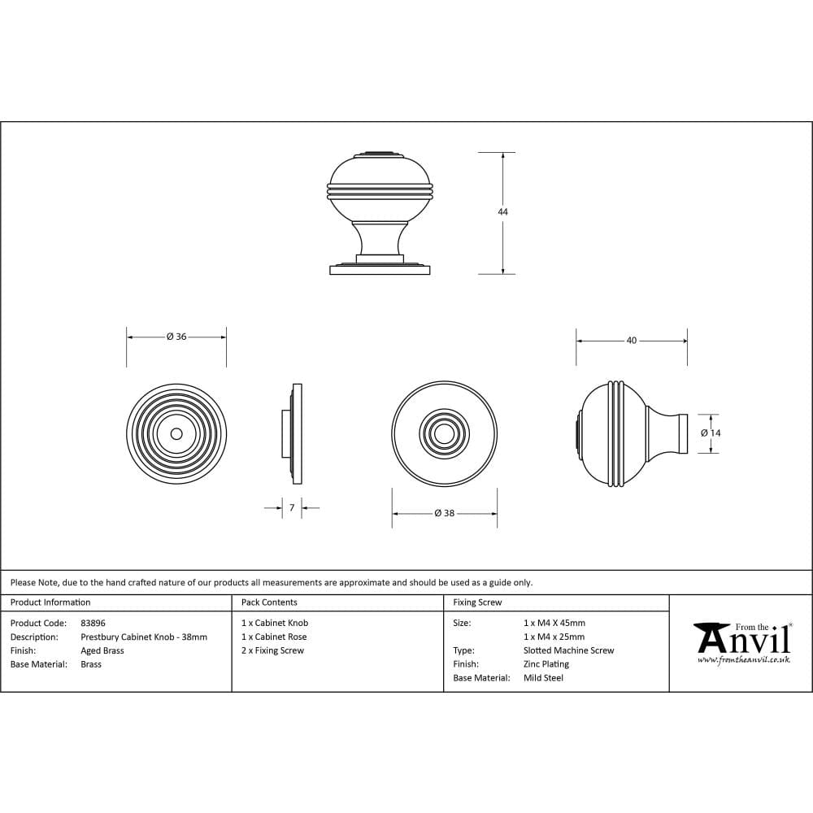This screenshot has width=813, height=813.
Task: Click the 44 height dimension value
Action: [x=502, y=211]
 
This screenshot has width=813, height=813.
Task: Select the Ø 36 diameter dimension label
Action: [x=176, y=337]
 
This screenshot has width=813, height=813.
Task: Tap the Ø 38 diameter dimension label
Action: [x=444, y=513]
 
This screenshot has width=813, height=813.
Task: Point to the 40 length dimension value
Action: [x=632, y=341]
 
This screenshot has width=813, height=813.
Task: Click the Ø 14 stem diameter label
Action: [x=711, y=433]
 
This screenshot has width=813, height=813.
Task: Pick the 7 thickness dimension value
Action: [x=292, y=508]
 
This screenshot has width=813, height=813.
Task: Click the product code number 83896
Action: [x=93, y=623]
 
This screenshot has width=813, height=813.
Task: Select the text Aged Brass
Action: [x=102, y=650]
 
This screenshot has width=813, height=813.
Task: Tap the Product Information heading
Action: [x=50, y=602]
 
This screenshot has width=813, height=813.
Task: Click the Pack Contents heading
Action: [x=269, y=602]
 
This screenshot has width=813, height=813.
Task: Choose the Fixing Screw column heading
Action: [x=477, y=602]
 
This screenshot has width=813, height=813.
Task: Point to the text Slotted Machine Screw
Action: [x=569, y=650]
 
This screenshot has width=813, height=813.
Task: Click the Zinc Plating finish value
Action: [x=546, y=664]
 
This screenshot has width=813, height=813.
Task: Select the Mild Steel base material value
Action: [x=544, y=678]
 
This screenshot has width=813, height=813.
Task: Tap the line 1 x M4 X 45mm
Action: [x=554, y=623]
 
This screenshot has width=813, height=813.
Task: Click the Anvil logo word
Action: [x=744, y=641]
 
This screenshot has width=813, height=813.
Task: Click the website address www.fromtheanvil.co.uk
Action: [x=744, y=659]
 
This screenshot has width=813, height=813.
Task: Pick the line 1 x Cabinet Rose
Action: [x=274, y=637]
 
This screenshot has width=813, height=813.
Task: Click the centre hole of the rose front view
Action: [x=176, y=434]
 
